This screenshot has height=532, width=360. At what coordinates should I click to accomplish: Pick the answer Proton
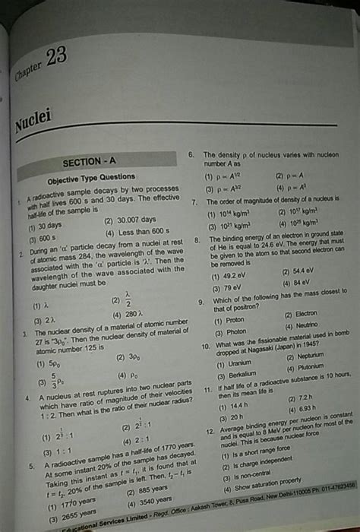tap(230, 320)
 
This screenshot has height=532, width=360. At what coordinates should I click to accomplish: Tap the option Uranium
tap(232, 363)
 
